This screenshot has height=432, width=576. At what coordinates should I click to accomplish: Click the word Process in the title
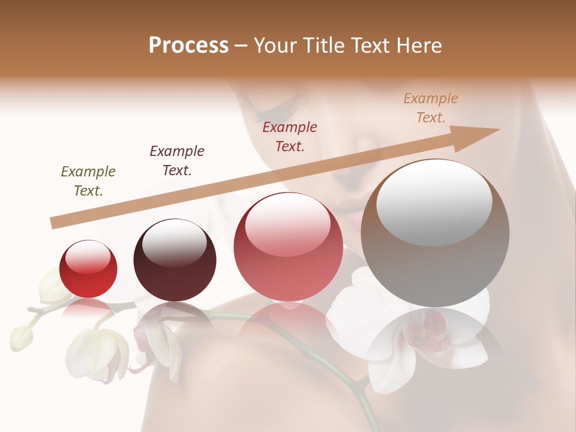[x=188, y=46]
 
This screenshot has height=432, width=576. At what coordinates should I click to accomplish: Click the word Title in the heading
[x=323, y=46]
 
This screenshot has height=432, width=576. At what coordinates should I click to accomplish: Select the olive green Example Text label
[x=88, y=181]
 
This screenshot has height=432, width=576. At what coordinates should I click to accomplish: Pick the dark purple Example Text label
[x=177, y=160]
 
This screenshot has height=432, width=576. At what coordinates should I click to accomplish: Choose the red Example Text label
[x=290, y=136]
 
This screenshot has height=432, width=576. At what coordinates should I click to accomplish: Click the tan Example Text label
[x=431, y=108]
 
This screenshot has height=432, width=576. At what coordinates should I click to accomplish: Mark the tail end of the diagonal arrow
[x=54, y=223]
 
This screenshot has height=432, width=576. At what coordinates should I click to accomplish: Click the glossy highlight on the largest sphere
[x=434, y=201]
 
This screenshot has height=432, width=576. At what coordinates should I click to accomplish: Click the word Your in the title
[x=275, y=46]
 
